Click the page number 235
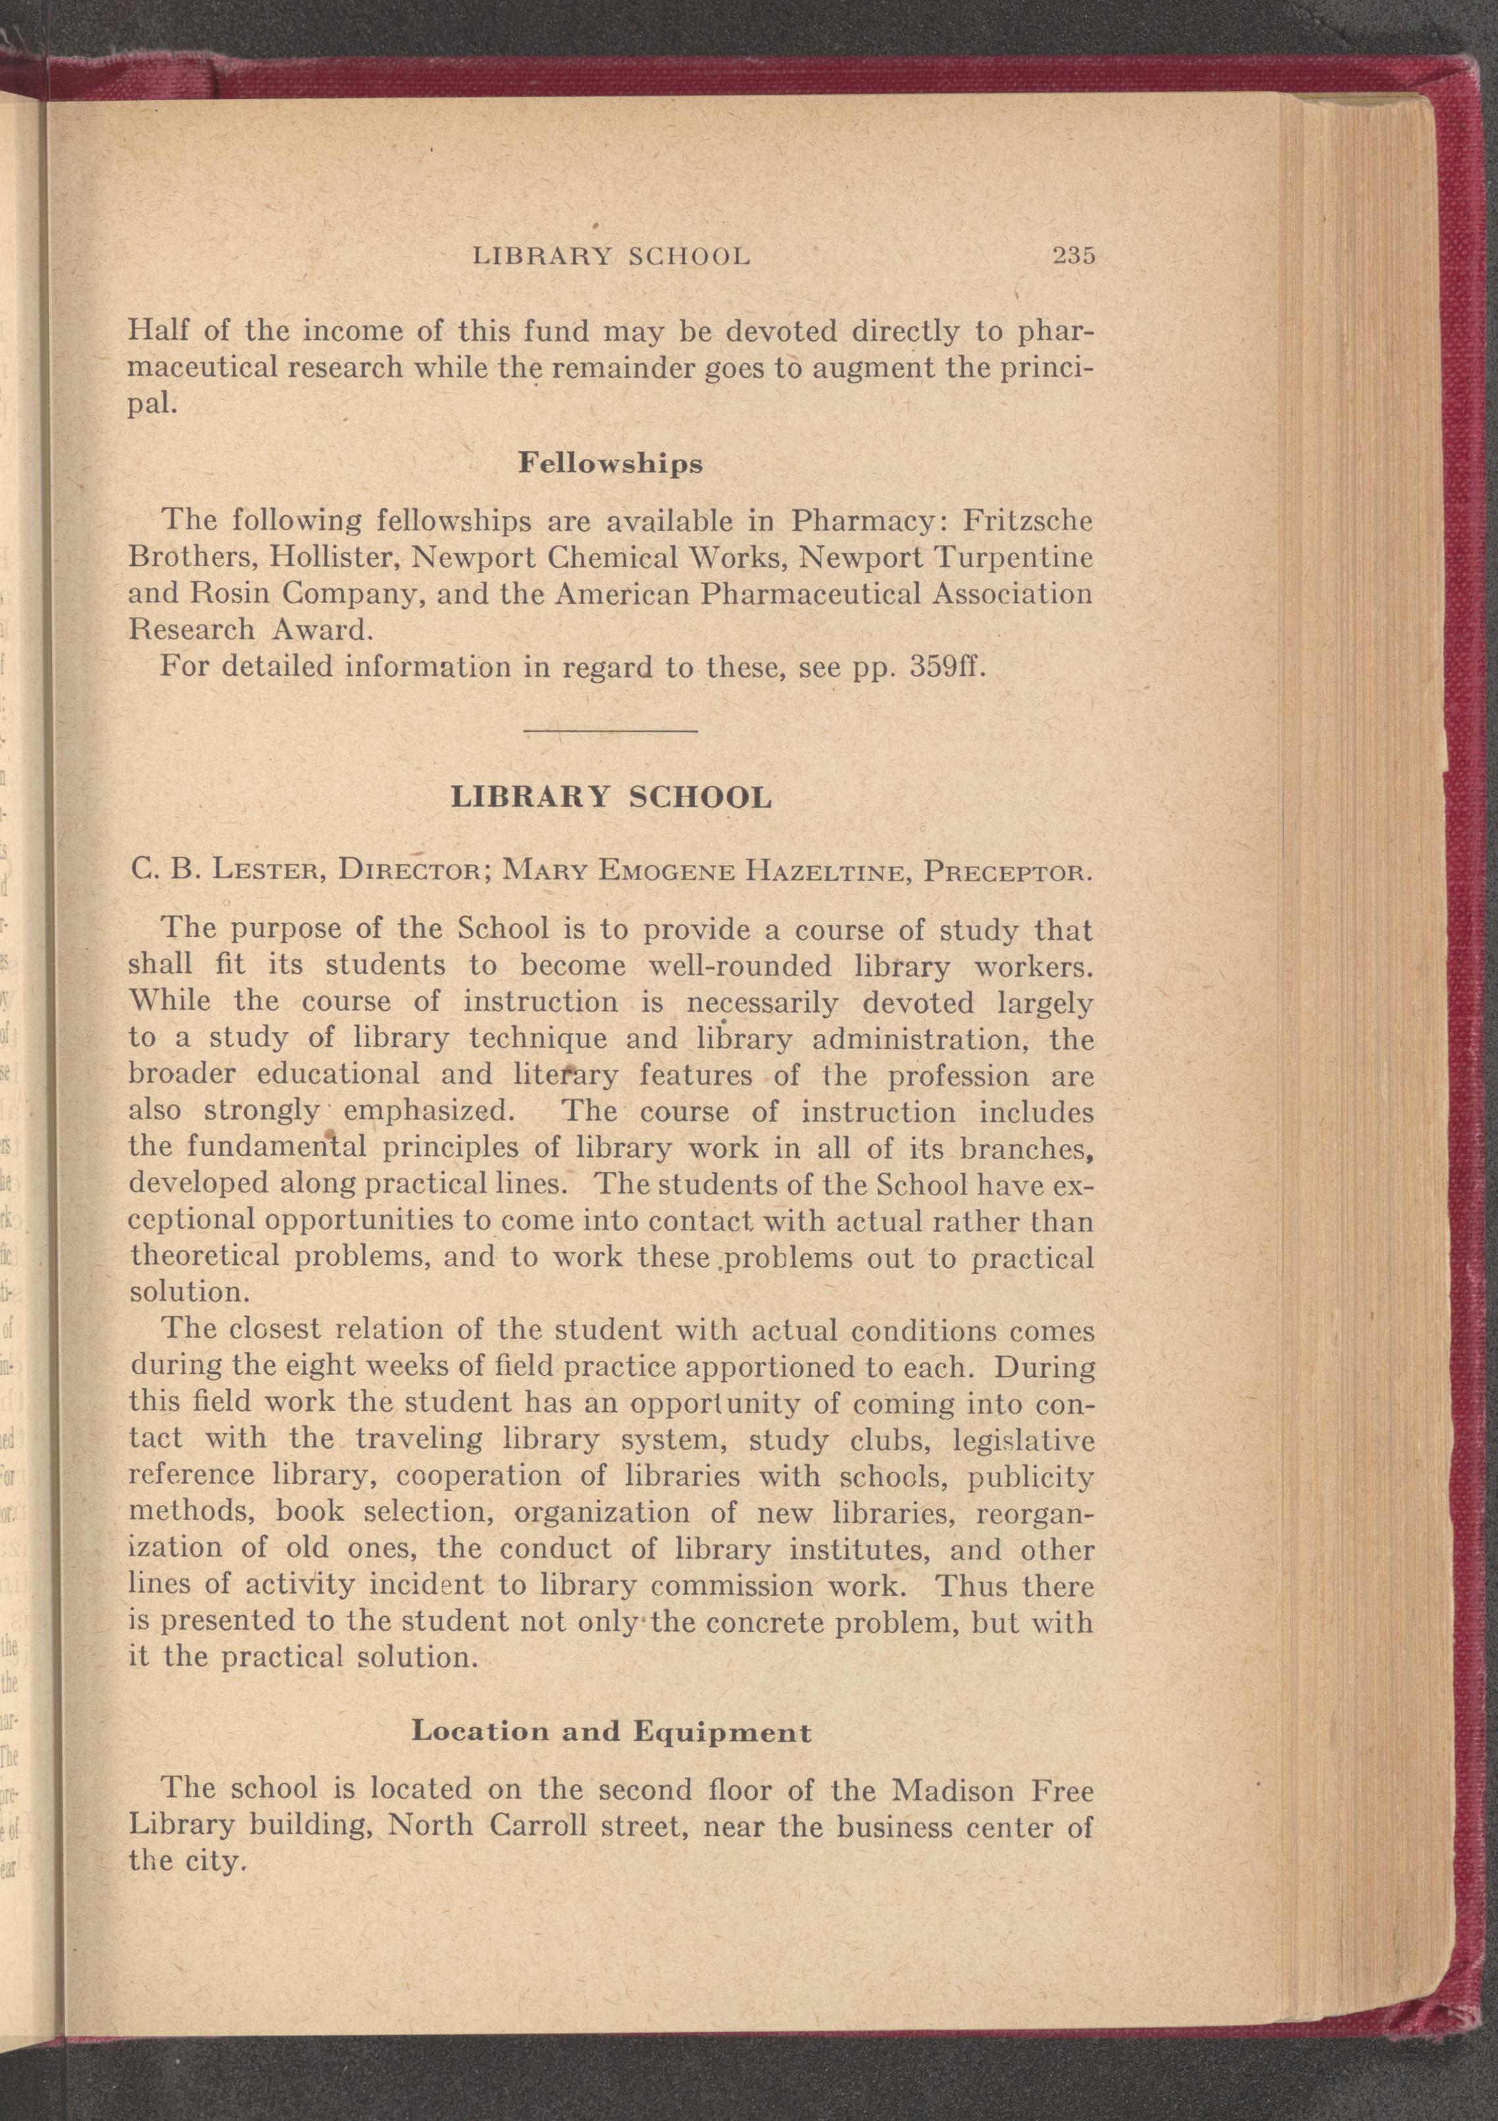[x=1073, y=256]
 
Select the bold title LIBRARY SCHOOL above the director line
[x=611, y=797]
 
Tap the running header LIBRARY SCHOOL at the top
[x=611, y=256]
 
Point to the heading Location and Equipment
[x=611, y=1731]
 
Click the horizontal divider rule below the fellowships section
[x=611, y=732]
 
